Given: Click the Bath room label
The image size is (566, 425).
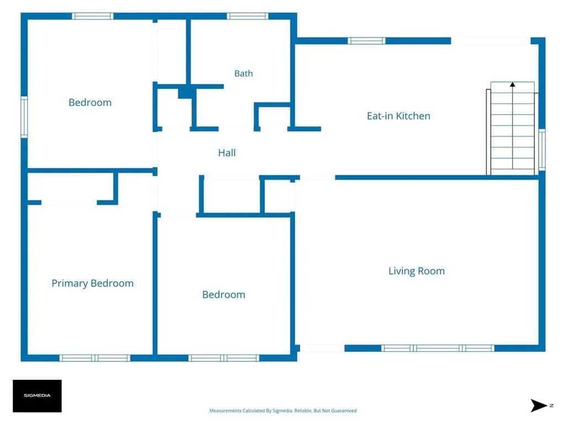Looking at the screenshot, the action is pyautogui.click(x=243, y=74).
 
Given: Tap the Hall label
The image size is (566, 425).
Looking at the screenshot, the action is pyautogui.click(x=227, y=153).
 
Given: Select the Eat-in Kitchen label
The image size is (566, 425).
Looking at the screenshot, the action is pyautogui.click(x=399, y=116).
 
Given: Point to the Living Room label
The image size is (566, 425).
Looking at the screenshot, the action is pyautogui.click(x=417, y=271).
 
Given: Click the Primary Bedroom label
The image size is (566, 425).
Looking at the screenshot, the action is pyautogui.click(x=92, y=283).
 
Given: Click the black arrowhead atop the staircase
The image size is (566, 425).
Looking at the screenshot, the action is pyautogui.click(x=512, y=85).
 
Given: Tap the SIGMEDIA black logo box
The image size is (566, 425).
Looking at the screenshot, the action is pyautogui.click(x=37, y=396).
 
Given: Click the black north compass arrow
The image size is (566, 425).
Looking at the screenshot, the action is pyautogui.click(x=538, y=406).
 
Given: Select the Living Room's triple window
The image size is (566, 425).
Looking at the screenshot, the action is pyautogui.click(x=438, y=349).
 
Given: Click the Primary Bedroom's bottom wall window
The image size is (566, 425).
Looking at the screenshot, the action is pyautogui.click(x=95, y=358).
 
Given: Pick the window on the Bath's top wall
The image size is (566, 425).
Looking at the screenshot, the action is pyautogui.click(x=247, y=16).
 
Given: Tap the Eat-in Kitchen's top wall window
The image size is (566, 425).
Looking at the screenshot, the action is pyautogui.click(x=366, y=41).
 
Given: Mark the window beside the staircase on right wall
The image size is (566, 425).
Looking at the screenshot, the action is pyautogui.click(x=542, y=149).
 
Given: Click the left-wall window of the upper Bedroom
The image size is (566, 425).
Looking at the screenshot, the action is pyautogui.click(x=24, y=117).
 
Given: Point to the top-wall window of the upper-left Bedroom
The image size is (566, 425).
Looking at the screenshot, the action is pyautogui.click(x=93, y=16).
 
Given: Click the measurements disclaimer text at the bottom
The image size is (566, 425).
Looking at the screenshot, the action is pyautogui.click(x=283, y=411).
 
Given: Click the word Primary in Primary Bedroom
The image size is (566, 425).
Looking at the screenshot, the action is pyautogui.click(x=70, y=284).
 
